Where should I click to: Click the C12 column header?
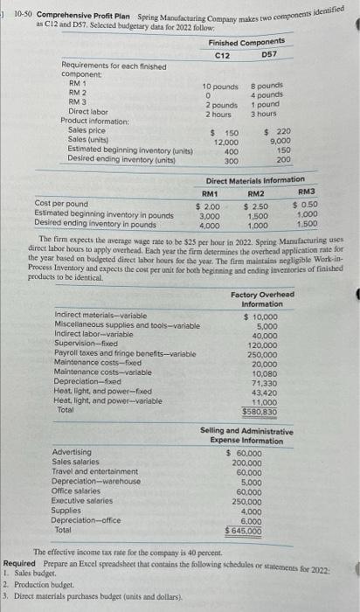pyautogui.click(x=222, y=55)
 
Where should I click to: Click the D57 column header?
pyautogui.click(x=270, y=55)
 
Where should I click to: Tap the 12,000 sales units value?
pyautogui.click(x=226, y=141)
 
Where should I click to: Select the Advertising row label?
pyautogui.click(x=71, y=452)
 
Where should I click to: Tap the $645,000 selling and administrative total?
pyautogui.click(x=242, y=531)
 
